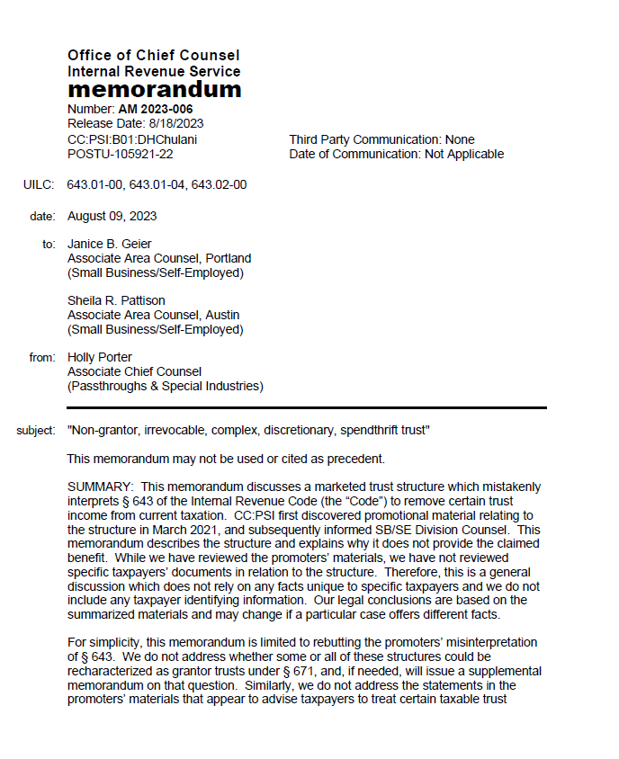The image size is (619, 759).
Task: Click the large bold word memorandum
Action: click(154, 90)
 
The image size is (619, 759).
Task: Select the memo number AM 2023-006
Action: click(156, 110)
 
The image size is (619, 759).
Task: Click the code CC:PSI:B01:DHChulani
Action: click(132, 139)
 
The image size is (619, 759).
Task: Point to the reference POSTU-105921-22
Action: click(121, 154)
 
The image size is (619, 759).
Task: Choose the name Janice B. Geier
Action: click(110, 245)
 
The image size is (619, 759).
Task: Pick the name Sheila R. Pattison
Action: click(116, 300)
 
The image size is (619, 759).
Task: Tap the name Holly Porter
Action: click(100, 358)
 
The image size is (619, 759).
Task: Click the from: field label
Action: click(42, 358)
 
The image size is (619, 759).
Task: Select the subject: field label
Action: click(36, 431)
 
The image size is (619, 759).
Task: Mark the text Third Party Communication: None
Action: click(381, 139)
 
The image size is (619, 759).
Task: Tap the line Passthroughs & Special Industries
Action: click(166, 387)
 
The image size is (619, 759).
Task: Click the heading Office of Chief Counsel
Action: click(153, 56)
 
